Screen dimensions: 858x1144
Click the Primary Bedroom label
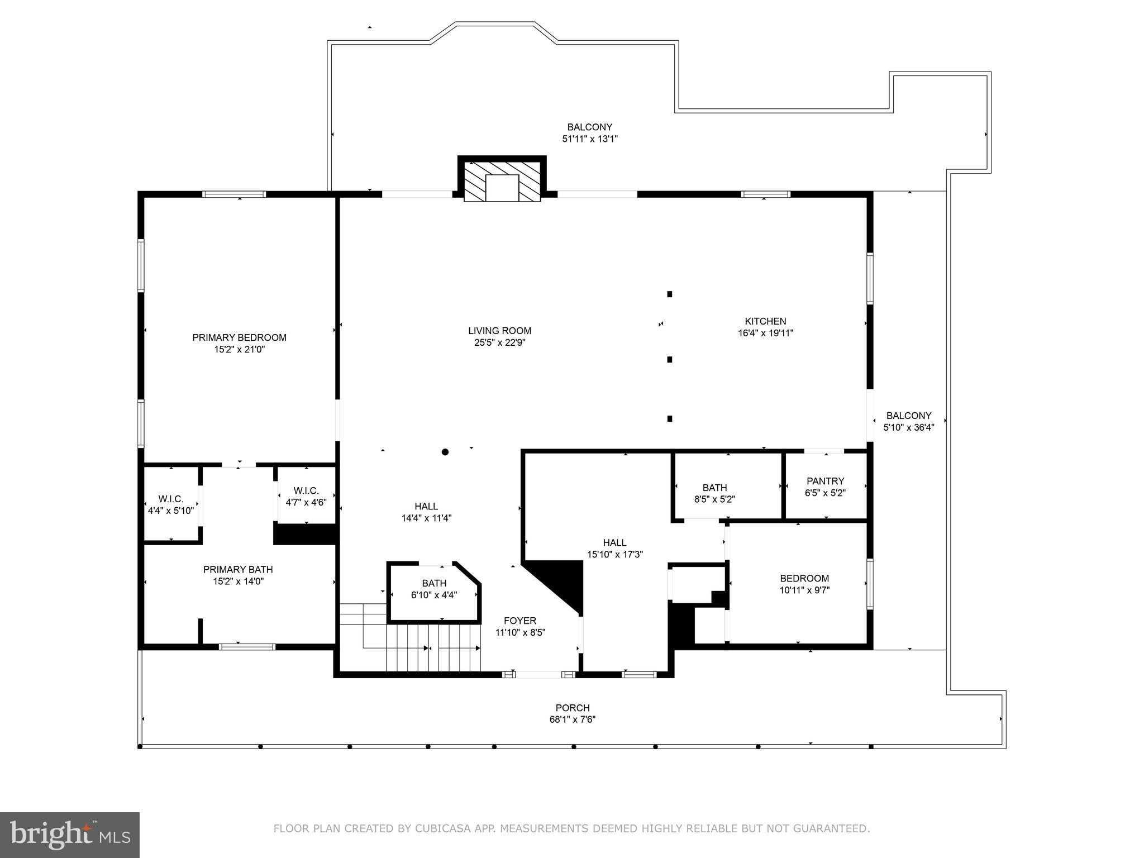[239, 337]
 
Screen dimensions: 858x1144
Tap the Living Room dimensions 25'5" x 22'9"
[499, 342]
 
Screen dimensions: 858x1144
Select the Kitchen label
[765, 321]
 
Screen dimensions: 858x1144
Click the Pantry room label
[825, 481]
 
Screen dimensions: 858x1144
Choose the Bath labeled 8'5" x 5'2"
[714, 493]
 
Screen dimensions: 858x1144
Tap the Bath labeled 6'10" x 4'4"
[434, 589]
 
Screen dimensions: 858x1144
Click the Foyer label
[519, 621]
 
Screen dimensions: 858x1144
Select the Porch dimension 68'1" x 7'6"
[572, 719]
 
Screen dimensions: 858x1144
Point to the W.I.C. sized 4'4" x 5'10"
[170, 504]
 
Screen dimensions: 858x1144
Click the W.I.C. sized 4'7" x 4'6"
[306, 496]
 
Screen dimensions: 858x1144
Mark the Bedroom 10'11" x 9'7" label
[804, 584]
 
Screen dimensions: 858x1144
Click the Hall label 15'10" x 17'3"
[614, 548]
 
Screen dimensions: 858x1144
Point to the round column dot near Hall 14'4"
[445, 452]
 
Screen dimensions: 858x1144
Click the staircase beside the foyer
[433, 648]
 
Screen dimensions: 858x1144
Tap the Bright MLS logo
[69, 835]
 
